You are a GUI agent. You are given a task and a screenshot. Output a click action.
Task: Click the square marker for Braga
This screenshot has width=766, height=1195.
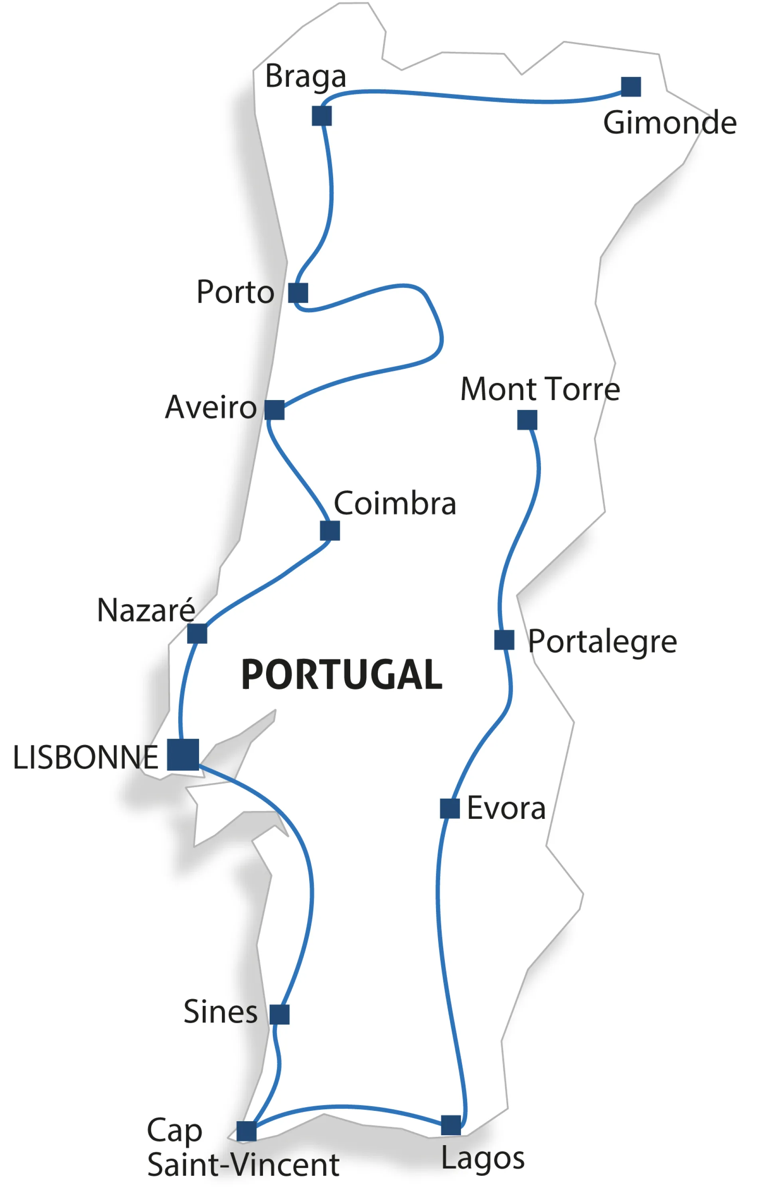[322, 116]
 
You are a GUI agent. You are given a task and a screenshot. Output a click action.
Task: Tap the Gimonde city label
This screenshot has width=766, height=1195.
[669, 123]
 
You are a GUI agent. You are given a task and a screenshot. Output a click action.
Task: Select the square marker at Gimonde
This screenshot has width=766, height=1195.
[631, 87]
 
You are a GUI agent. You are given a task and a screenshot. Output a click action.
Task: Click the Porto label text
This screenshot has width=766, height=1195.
[235, 292]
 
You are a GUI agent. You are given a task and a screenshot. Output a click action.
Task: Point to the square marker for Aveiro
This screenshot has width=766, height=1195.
[274, 410]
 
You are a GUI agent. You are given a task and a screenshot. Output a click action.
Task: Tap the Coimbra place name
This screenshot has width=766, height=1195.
[395, 503]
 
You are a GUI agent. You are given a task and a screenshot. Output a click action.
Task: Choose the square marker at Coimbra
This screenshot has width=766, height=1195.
[330, 530]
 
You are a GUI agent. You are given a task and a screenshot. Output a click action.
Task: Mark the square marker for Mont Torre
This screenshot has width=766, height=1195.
[527, 420]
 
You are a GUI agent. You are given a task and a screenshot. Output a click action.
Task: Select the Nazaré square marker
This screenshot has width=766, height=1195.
[197, 633]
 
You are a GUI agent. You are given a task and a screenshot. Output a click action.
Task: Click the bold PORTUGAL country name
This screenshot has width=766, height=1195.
[342, 675]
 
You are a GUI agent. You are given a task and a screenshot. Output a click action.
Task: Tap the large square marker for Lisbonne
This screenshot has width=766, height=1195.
[183, 754]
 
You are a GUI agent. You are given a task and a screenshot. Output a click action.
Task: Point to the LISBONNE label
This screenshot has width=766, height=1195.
[85, 758]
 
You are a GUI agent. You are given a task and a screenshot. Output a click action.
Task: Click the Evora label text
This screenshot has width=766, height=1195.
[506, 808]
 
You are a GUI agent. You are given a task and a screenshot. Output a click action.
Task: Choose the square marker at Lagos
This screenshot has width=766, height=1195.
[451, 1125]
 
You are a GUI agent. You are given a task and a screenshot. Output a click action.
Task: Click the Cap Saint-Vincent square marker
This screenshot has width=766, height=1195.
[247, 1131]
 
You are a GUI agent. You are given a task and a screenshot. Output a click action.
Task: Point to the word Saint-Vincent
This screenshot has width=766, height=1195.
[243, 1165]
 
